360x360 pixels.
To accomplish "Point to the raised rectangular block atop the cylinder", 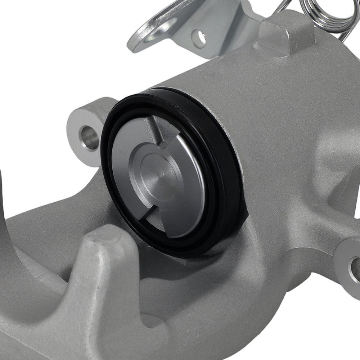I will (284, 36).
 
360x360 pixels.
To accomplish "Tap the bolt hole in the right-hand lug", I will (355, 268).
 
